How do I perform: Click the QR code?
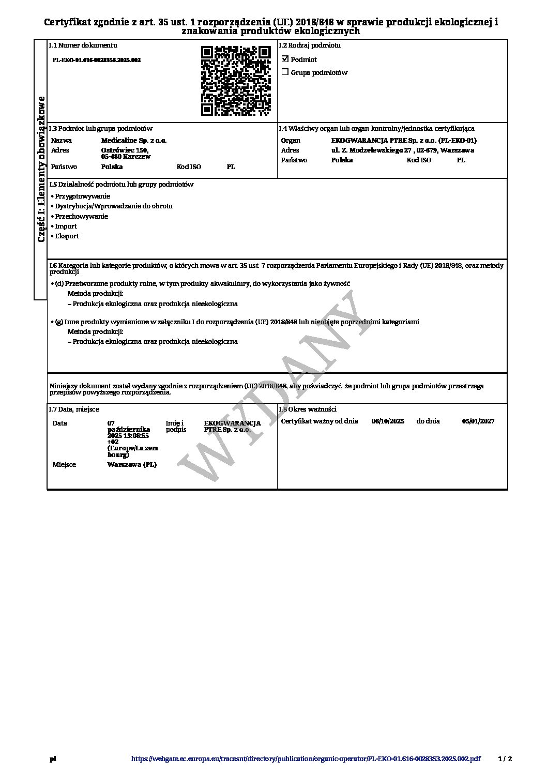(x=236, y=81)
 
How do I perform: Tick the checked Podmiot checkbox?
(x=285, y=59)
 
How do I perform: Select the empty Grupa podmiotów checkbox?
(x=285, y=72)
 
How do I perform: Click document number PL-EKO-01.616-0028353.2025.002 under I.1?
(x=97, y=60)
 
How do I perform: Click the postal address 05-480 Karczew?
(x=126, y=156)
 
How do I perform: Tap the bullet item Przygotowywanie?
(x=83, y=196)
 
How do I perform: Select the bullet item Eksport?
(x=67, y=236)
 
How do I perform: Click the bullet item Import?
(x=66, y=226)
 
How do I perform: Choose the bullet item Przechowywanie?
(x=82, y=216)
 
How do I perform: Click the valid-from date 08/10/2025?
(x=388, y=421)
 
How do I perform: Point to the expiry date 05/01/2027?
(x=478, y=421)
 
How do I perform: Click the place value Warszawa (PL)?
(x=132, y=464)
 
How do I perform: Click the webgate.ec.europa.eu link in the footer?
(x=306, y=759)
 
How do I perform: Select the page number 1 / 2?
(x=505, y=759)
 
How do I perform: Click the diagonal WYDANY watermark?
(x=269, y=385)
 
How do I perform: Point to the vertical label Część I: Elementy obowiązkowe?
(x=41, y=169)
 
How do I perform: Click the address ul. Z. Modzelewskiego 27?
(x=374, y=150)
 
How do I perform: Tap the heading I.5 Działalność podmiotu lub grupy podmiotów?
(x=121, y=184)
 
